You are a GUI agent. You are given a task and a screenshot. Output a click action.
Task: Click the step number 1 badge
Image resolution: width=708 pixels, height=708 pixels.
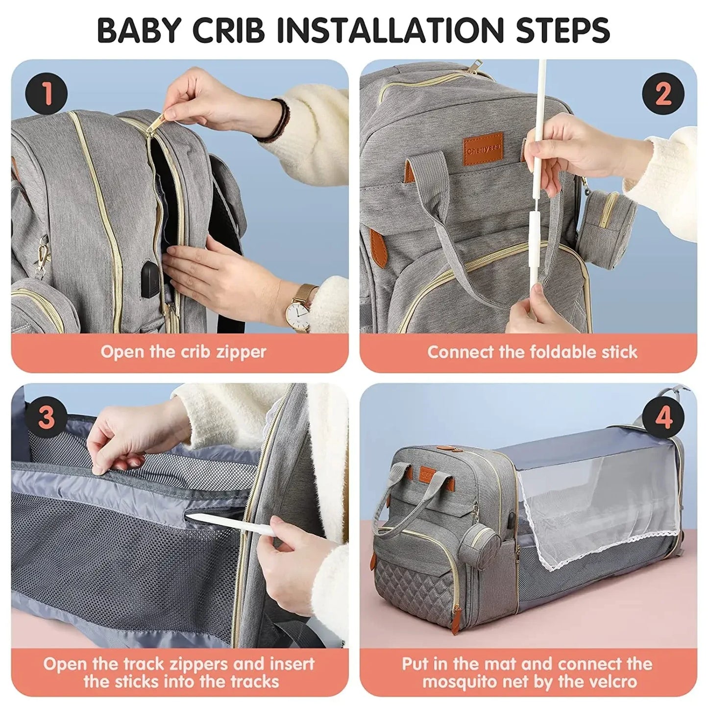47,93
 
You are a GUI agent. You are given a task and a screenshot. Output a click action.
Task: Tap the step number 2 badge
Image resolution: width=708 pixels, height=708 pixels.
663,93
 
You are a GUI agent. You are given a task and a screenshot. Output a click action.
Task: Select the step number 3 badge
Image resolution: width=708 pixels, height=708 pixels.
47,417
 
